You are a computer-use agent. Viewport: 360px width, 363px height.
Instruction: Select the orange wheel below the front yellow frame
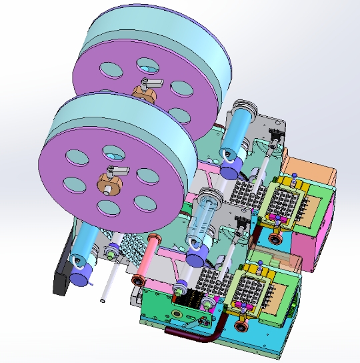pos(241,326)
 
